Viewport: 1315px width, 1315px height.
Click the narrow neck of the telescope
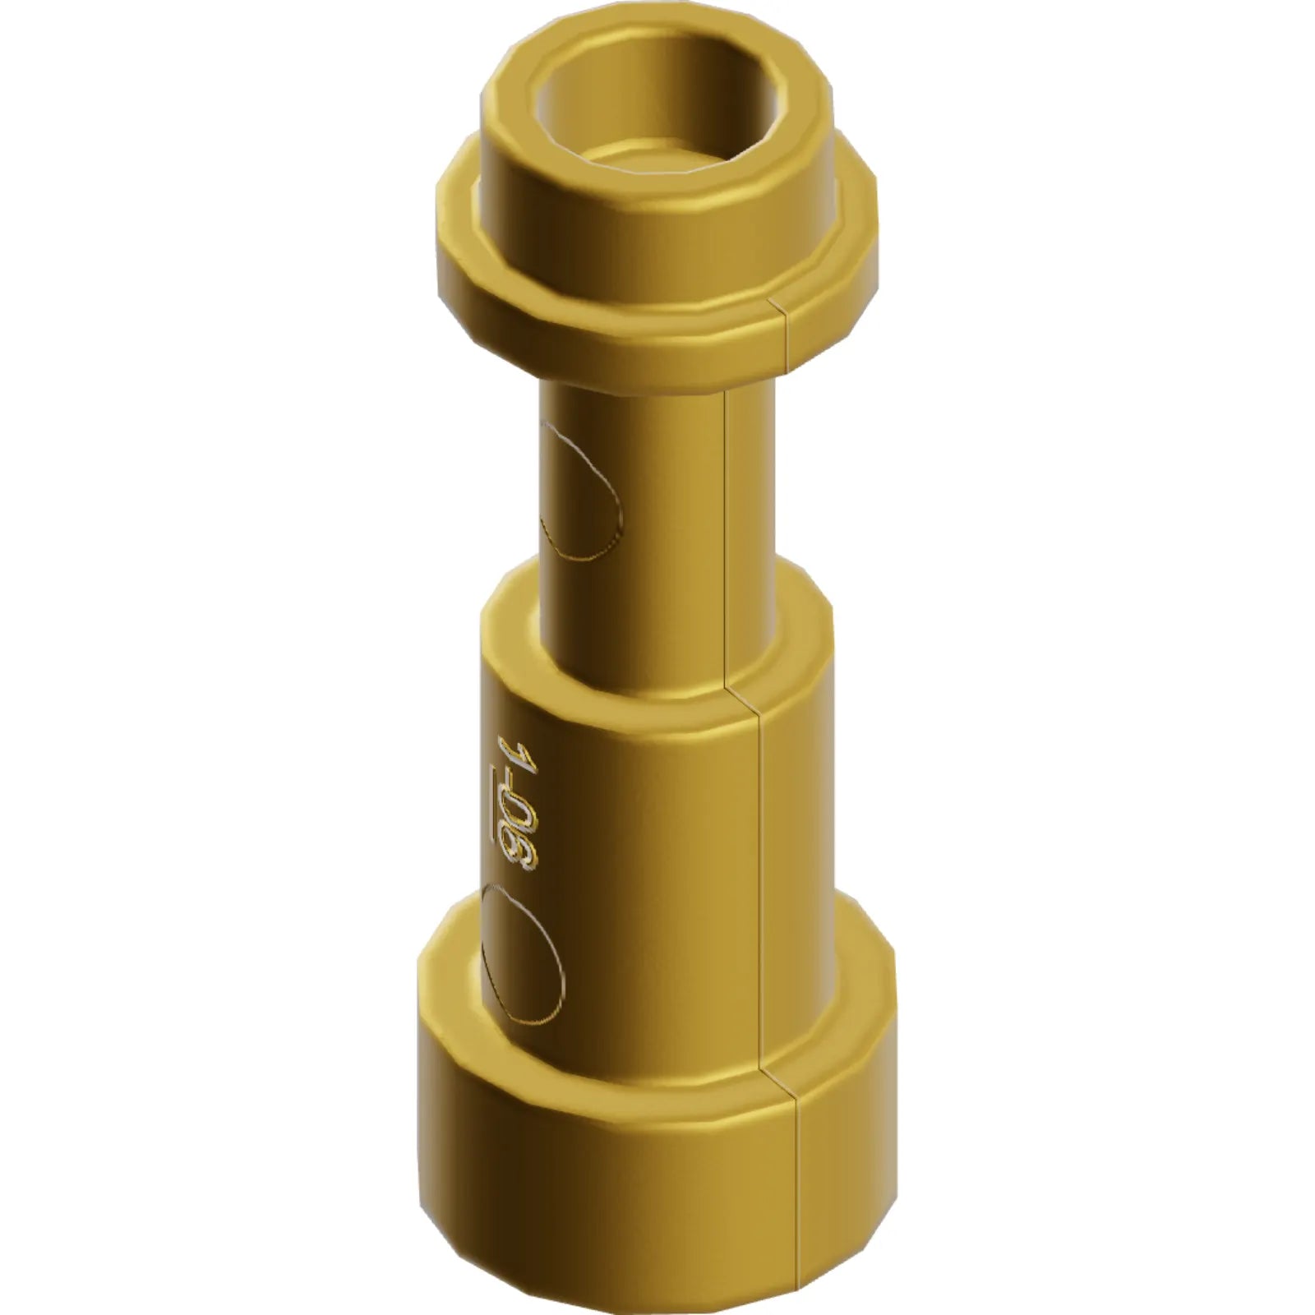click(657, 493)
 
